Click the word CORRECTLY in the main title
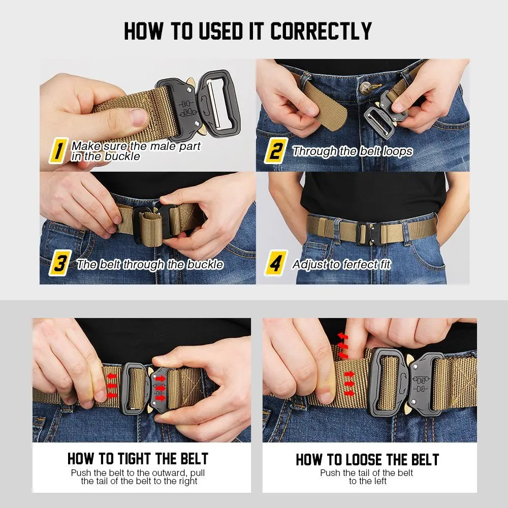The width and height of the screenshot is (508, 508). coord(321,31)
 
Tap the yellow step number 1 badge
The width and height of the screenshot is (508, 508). coord(58,151)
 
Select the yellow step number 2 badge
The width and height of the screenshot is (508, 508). coord(276,151)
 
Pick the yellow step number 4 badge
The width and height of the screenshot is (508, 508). coord(276,263)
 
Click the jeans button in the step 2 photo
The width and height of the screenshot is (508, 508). coord(365,87)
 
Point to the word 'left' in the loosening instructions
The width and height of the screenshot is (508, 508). coord(379,482)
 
